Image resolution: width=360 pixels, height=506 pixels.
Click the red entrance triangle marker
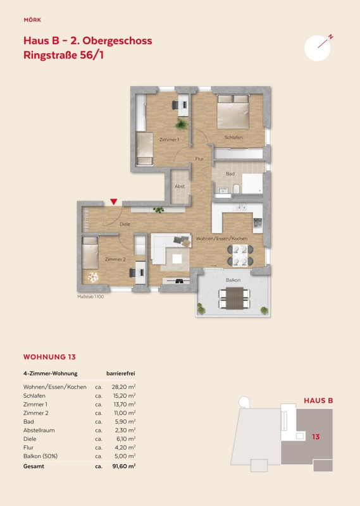coord(114,202)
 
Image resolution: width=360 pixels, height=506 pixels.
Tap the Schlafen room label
coord(233,137)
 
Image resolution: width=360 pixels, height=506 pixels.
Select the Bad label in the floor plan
coord(230,173)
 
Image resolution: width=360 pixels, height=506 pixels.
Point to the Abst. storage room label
coord(180,186)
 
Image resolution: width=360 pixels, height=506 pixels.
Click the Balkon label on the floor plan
coord(233,280)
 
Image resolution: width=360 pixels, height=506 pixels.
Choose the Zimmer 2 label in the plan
coord(115,259)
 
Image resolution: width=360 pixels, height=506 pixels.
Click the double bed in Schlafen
coord(233,112)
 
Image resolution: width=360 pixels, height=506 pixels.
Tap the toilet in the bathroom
coord(237,188)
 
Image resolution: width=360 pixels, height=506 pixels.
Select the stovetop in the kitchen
coord(258,223)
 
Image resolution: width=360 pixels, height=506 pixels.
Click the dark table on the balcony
coord(234,298)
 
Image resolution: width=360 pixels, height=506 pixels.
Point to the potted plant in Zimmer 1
coord(182,124)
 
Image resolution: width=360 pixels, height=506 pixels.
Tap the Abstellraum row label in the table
coord(39,430)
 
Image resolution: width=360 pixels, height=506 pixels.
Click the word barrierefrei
coord(121,373)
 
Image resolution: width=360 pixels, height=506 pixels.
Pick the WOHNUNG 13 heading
coord(49,357)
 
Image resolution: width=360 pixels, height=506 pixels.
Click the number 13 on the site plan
coord(316,436)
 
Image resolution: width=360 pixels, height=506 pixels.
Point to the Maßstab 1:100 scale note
coord(90,297)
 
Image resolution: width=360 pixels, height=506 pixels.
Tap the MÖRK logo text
coord(32,20)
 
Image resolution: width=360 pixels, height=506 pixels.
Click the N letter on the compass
coord(331,37)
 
